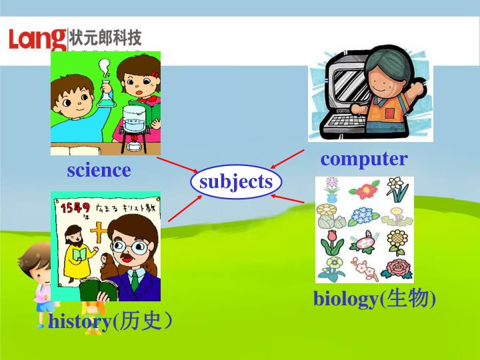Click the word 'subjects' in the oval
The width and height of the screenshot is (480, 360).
click(236, 182)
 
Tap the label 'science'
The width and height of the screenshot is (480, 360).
click(99, 171)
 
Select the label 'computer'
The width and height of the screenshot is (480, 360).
click(363, 159)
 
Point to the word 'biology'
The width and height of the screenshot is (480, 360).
click(345, 300)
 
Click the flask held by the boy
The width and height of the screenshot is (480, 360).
click(105, 93)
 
